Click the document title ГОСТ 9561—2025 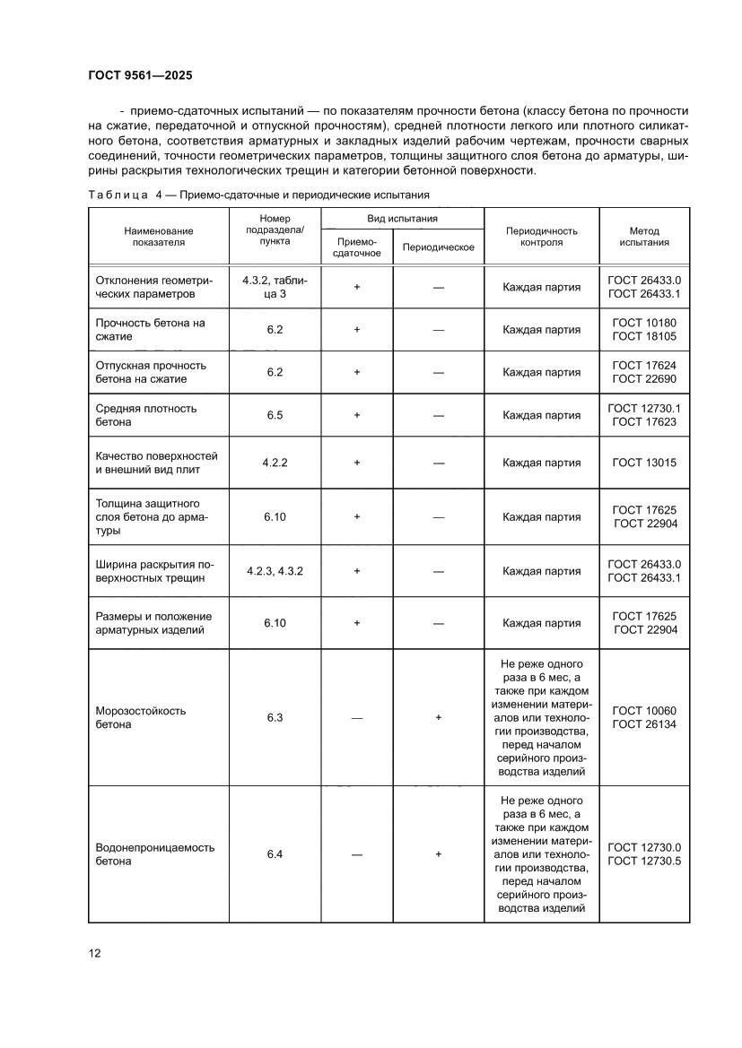click(141, 75)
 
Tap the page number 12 click(94, 953)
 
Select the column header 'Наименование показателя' click(159, 236)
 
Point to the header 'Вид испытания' click(402, 219)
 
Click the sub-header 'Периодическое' click(439, 247)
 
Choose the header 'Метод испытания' click(644, 236)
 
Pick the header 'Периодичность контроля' click(541, 236)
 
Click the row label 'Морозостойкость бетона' click(140, 717)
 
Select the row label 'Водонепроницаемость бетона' click(154, 854)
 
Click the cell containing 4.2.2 click(275, 463)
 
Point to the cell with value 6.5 click(275, 415)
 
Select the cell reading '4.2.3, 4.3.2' click(275, 570)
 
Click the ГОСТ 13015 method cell click(644, 463)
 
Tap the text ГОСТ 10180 click(644, 323)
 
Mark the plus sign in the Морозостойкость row click(439, 717)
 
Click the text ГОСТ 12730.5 click(644, 861)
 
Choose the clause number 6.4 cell click(275, 854)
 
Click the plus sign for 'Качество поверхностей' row click(357, 463)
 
